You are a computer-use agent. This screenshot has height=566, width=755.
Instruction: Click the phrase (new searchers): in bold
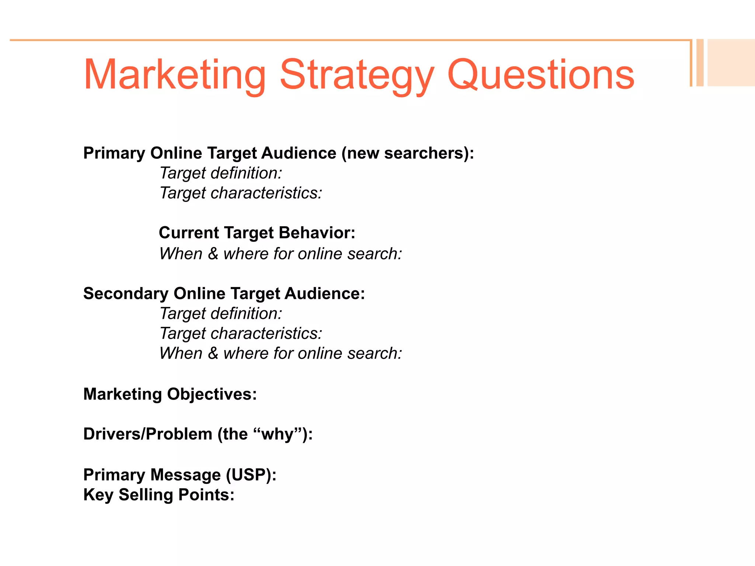[x=408, y=153]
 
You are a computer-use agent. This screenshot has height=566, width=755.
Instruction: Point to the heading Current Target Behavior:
[x=257, y=233]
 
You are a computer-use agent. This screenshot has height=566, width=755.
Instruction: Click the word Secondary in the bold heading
[x=126, y=294]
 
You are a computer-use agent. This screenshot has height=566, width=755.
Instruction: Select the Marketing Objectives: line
[x=170, y=394]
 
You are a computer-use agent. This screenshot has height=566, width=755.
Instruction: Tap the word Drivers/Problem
[x=147, y=434]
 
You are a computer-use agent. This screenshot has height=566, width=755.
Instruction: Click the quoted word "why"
[x=277, y=434]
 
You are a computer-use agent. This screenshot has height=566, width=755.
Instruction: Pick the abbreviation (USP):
[x=251, y=475]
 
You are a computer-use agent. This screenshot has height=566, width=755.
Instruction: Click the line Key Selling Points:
[x=159, y=495]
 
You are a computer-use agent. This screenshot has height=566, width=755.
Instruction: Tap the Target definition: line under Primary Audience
[x=221, y=173]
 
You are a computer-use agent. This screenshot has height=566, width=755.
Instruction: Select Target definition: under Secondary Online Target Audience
[x=221, y=314]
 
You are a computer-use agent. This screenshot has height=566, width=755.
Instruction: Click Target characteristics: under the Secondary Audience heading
[x=241, y=333]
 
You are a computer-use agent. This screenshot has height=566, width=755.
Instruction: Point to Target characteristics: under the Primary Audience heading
[x=241, y=193]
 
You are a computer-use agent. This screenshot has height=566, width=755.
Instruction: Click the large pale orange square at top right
[x=731, y=63]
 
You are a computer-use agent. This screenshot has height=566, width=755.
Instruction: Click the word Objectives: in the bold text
[x=212, y=394]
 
